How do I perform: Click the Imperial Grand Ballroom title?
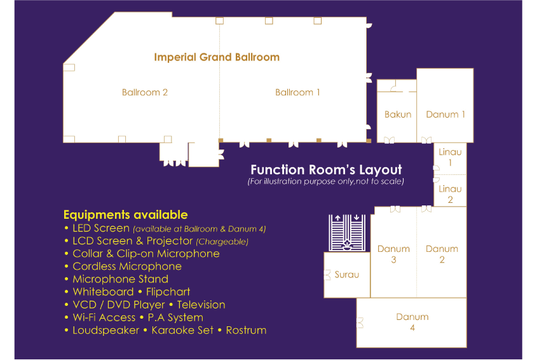pos(217,57)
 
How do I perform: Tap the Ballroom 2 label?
pos(145,92)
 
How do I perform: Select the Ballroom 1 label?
pos(297,92)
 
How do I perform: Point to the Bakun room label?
pos(398,114)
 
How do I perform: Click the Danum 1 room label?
pos(445,114)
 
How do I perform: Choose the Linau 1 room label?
pos(450,157)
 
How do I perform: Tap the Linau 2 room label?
pos(450,194)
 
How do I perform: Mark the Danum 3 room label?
pos(393,254)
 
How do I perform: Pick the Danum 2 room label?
pos(442,254)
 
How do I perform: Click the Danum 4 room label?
pos(412,322)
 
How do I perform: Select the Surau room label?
pos(346,274)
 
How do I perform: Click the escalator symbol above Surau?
pos(347,233)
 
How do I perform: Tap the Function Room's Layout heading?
pos(326,170)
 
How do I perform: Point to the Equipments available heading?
pos(125,214)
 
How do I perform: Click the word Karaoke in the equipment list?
pos(182,330)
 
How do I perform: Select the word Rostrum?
pos(246,330)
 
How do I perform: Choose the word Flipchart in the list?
pos(168,292)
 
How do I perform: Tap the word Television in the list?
pos(201,305)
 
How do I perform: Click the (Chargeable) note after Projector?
pos(222,242)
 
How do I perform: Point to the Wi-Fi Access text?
pos(104,317)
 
